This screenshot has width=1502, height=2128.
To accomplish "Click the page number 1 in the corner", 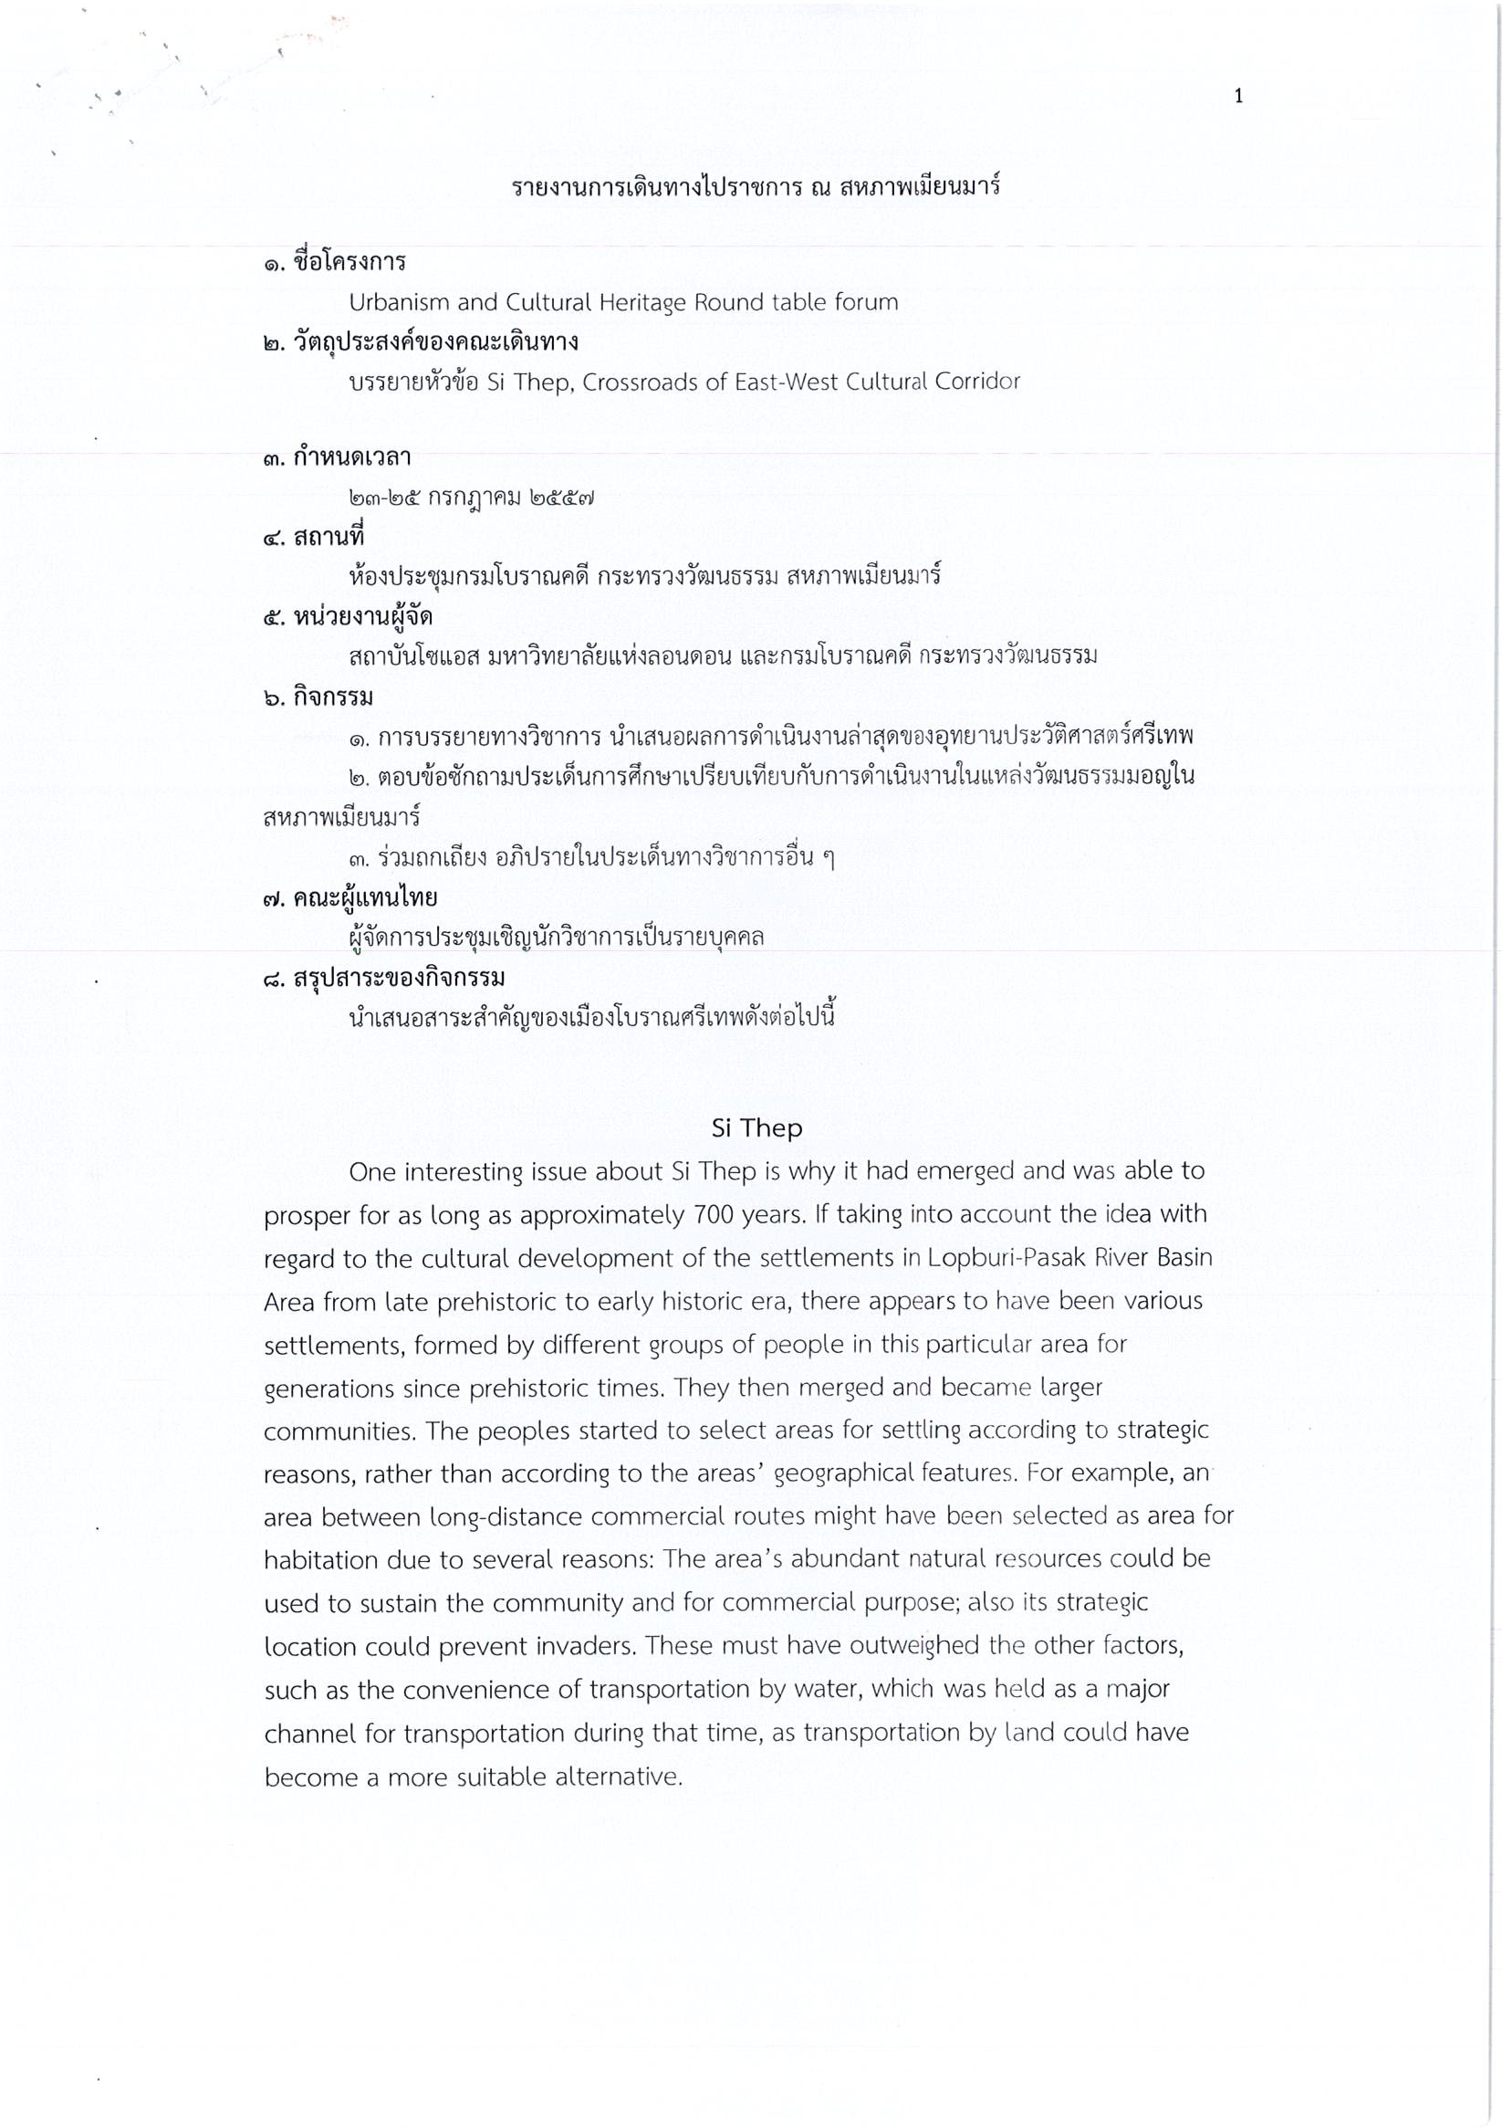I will tap(1238, 97).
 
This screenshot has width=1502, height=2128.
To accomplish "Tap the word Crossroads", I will tap(641, 382).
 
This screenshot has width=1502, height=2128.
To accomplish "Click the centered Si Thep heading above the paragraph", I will tap(756, 1128).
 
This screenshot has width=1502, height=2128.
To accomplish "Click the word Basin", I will tap(1179, 1258).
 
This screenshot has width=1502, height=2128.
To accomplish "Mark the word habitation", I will tap(319, 1560).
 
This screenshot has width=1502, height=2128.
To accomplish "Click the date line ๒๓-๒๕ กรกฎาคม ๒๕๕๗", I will tap(471, 498).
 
